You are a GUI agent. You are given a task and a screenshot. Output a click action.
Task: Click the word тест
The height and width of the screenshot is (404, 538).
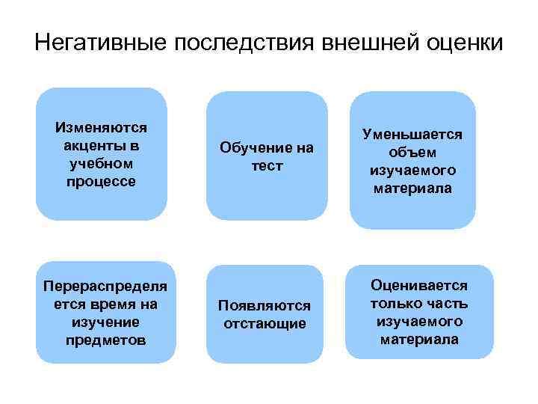[x=267, y=165]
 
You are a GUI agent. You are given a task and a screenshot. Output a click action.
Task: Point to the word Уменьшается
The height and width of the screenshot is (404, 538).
[x=412, y=134]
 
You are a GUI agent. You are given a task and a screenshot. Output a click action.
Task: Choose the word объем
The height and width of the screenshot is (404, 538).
[x=412, y=152]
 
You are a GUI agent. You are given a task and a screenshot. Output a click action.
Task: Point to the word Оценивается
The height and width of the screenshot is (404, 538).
[x=418, y=286]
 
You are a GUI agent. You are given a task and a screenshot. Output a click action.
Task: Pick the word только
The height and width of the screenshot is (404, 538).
[x=394, y=304]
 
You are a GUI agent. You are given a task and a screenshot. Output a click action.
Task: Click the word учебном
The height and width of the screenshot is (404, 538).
[x=102, y=163]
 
